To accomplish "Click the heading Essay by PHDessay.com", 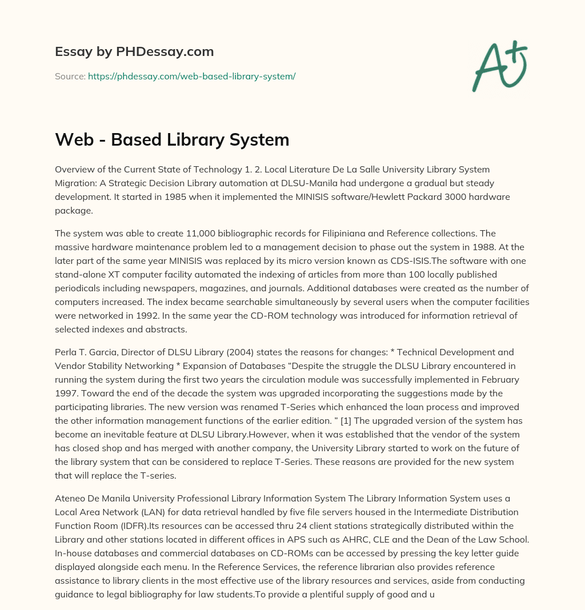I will coord(134,52).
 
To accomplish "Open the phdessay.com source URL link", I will coord(191,76).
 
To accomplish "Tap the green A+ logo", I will coord(499,66).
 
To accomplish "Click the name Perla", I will coord(67,352).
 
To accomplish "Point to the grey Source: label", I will coord(70,76).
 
